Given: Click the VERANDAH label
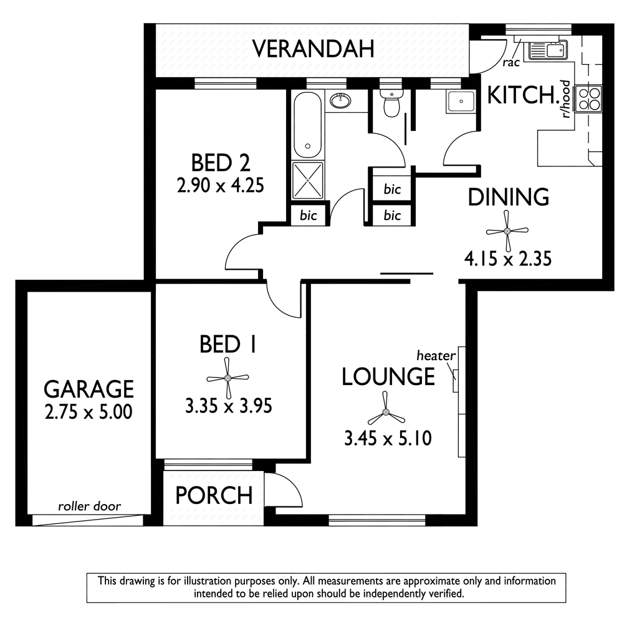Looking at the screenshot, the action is coord(313,49).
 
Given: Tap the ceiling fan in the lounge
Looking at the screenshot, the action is coord(386,412).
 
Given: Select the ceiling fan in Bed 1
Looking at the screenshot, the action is coord(227,378).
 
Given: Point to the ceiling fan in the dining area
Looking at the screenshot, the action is coord(507,231).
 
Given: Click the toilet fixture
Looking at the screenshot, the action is coord(391,103).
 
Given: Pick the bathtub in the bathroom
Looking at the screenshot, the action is coord(307,125).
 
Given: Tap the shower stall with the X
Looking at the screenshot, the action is coord(307,181).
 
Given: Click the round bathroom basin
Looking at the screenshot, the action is coord(341,101).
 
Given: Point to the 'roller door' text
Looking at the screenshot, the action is coord(90,506).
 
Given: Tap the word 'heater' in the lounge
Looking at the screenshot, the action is coord(436,356).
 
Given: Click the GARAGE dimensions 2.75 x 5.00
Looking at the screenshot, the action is coord(89,412).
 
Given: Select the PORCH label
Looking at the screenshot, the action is coord(214,495).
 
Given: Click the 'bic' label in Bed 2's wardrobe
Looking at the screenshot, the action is coord(309,216).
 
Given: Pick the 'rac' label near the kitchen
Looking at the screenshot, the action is coord(511,63).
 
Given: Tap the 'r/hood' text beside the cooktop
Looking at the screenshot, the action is coord(567,99).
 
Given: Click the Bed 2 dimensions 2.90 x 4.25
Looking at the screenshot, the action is coord(221,186).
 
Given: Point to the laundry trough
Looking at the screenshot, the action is coord(461,102).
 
